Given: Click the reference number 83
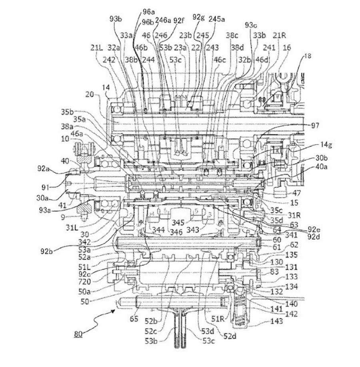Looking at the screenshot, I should tap(274, 272).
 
